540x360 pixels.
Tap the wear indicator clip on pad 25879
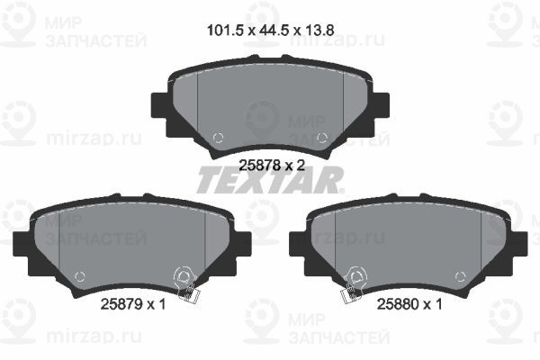click(186, 284)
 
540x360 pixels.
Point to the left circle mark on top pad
click(218, 138)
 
